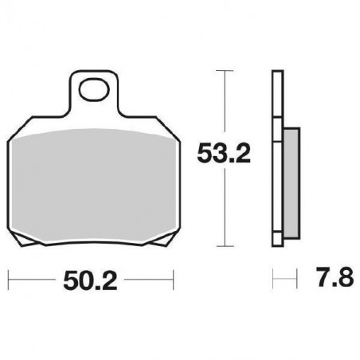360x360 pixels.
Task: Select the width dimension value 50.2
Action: pos(90,280)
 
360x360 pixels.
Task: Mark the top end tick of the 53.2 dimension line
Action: pos(226,71)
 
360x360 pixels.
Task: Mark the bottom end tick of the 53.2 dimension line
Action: pos(226,246)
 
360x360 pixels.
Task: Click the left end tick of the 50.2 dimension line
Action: pos(8,280)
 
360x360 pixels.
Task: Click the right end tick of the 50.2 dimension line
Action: pos(173,280)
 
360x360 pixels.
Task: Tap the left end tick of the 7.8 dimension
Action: pos(273,280)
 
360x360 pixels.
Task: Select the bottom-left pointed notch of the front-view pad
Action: pos(25,240)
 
